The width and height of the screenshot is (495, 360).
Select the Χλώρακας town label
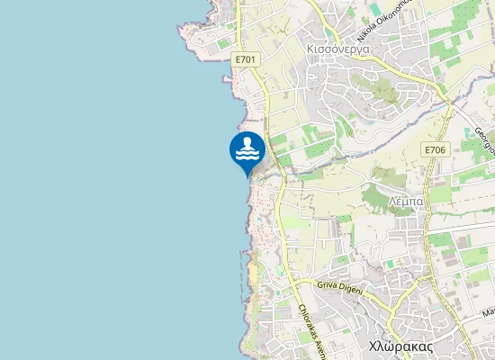click(401, 346)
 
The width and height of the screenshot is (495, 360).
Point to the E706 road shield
click(435, 150)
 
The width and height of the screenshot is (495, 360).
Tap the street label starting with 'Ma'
click(489, 313)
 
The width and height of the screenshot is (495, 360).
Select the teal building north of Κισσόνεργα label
click(374, 9)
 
